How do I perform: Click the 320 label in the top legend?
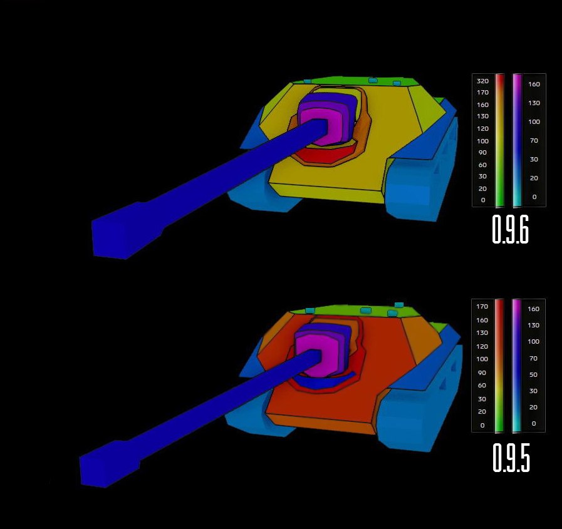tap(482, 81)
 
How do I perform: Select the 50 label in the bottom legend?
tap(533, 374)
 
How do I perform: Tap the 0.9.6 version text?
tap(511, 229)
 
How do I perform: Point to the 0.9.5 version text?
tap(511, 458)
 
